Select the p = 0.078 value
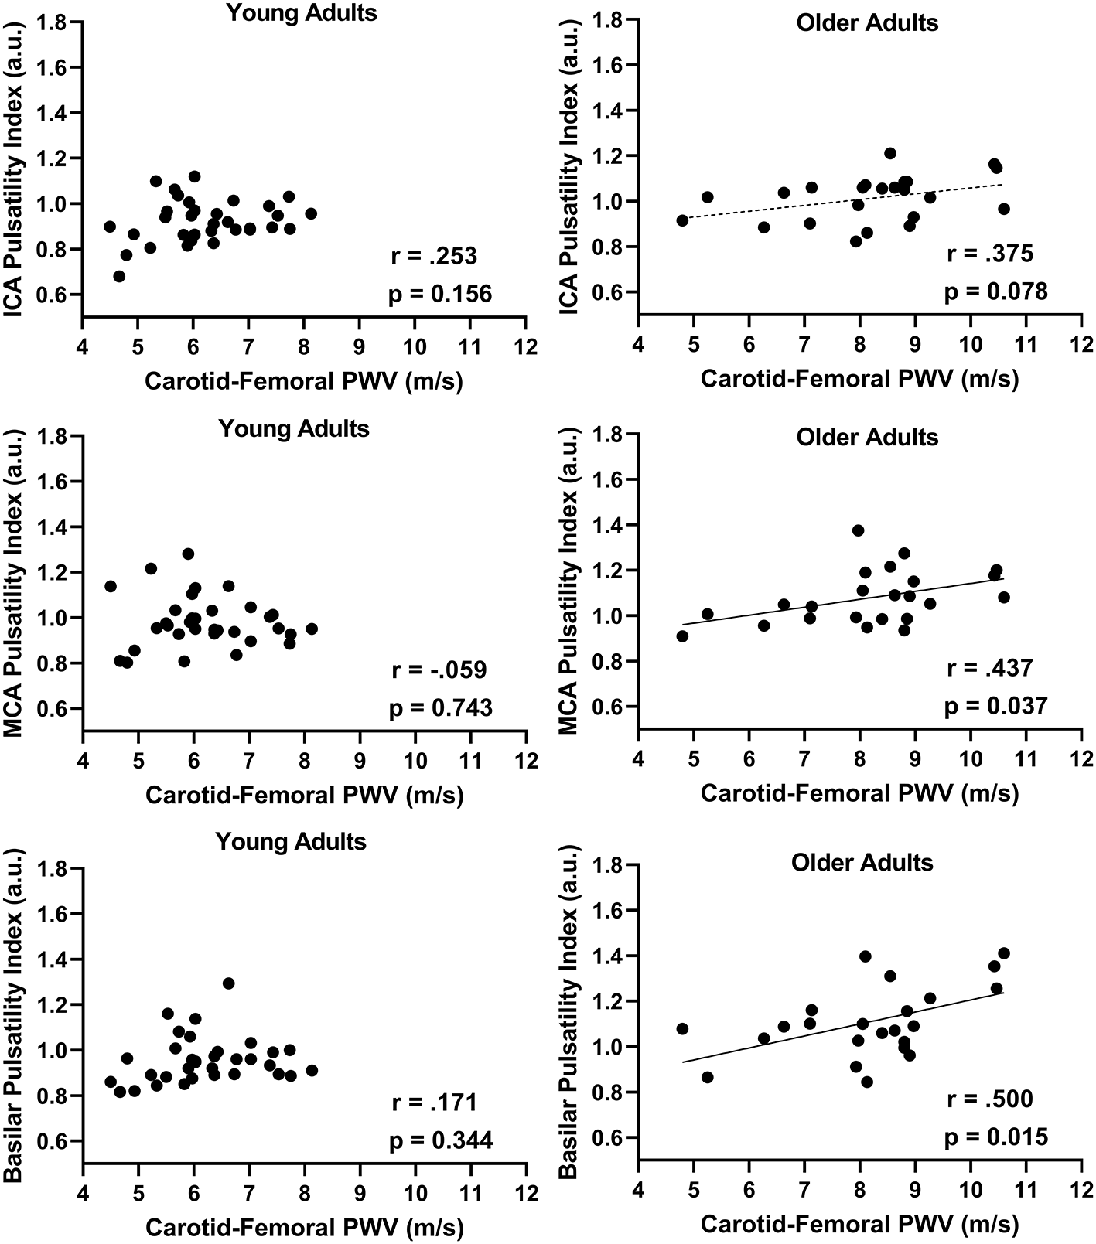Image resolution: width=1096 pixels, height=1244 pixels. pyautogui.click(x=995, y=291)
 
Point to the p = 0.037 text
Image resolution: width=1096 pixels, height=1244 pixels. pyautogui.click(x=995, y=705)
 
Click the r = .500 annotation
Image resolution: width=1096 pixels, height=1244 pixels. pyautogui.click(x=990, y=1099)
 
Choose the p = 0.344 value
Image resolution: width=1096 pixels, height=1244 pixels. pyautogui.click(x=440, y=1140)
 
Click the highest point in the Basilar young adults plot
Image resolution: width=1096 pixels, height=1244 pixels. pyautogui.click(x=228, y=983)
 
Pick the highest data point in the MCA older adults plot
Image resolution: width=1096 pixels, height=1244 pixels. pyautogui.click(x=858, y=530)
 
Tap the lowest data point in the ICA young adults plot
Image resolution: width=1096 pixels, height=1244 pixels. pyautogui.click(x=119, y=276)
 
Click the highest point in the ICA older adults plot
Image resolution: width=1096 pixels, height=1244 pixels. pyautogui.click(x=890, y=153)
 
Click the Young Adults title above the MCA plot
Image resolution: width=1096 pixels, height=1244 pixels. pyautogui.click(x=294, y=428)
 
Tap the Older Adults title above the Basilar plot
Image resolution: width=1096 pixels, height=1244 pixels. pyautogui.click(x=862, y=862)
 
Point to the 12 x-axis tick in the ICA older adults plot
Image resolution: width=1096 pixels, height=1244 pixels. pyautogui.click(x=1080, y=342)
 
